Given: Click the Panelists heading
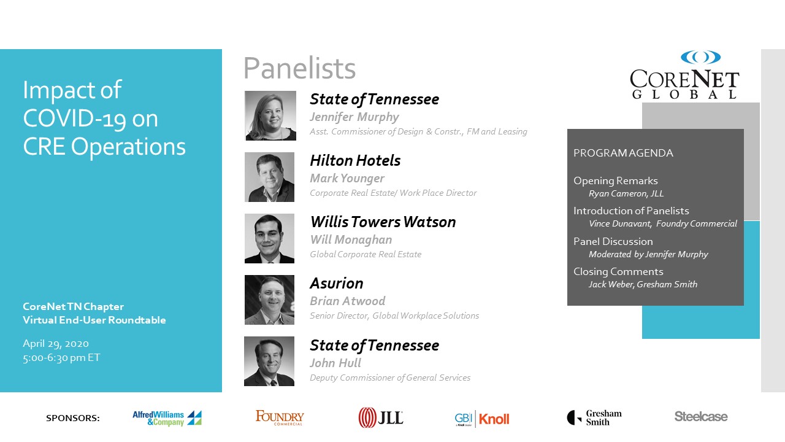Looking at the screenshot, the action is coord(300,68).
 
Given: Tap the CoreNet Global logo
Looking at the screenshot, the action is coord(684,75).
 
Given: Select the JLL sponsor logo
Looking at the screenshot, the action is coord(381,417).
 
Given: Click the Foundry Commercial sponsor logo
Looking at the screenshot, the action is coord(280,417).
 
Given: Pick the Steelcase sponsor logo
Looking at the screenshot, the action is coord(701,416).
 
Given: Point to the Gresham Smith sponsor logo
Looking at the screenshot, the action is coord(594,417).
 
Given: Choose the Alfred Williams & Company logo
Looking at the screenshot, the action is coord(167,418).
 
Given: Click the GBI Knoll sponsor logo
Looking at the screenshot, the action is coord(482,419).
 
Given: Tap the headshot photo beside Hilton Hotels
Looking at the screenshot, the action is coord(269,177).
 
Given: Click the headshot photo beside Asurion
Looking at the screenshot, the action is coord(269,300).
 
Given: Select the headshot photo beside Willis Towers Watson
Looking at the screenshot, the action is coord(269,239).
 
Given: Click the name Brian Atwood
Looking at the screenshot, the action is coord(348,301).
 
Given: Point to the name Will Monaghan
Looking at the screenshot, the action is coord(351,240).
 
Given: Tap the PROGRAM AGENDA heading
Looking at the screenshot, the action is coord(624,153).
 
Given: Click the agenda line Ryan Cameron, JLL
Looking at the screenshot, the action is coord(626,193).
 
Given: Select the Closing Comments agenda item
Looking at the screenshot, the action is coord(619,271).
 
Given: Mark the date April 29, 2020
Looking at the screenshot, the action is coord(56,344).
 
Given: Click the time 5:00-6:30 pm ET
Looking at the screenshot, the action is coord(61,358).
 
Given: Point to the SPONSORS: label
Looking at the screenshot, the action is coord(73,418).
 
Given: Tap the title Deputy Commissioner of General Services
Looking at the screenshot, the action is coord(390,378).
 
